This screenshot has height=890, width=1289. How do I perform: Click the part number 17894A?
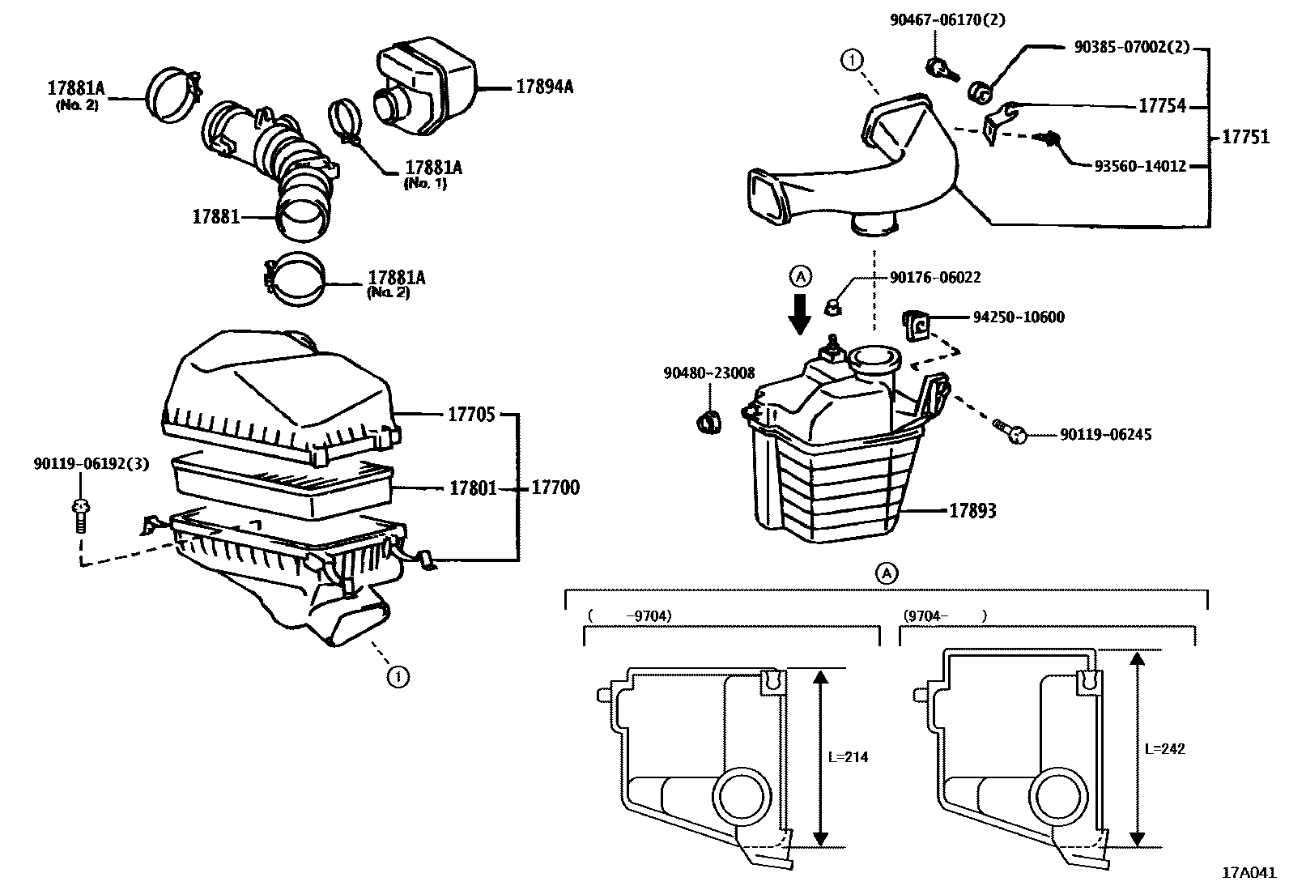[x=544, y=87]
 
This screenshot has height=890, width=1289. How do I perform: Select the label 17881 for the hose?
[x=215, y=217]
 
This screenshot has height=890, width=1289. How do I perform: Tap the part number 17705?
[x=471, y=415]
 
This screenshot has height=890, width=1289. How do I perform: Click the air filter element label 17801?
[x=474, y=488]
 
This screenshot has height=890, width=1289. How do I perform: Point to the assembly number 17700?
[x=555, y=488]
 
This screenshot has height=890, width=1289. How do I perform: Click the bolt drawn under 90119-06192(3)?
[x=79, y=515]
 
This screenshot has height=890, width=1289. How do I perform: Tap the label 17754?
[x=1162, y=106]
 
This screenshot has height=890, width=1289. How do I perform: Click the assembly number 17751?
[x=1245, y=137]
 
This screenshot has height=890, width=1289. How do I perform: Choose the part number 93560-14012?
[x=1140, y=166]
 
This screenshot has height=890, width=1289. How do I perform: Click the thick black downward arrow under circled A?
[x=800, y=313]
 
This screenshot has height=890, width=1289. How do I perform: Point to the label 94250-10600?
[x=1019, y=317]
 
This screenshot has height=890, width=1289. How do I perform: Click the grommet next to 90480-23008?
[x=709, y=422]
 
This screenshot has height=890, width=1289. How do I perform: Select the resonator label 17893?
[x=972, y=511]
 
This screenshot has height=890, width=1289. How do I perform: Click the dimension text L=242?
[x=1165, y=749]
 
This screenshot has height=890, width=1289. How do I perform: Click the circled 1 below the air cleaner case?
[x=397, y=676]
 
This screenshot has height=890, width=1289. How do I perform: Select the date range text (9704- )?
[x=944, y=615]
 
